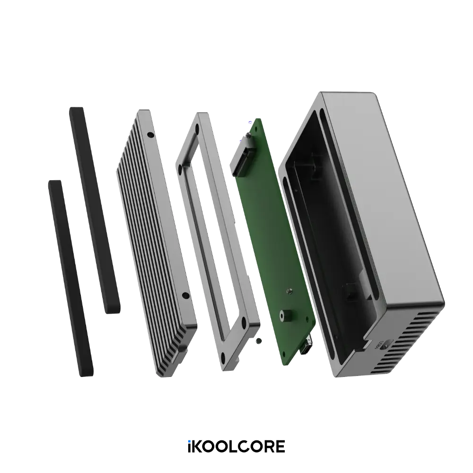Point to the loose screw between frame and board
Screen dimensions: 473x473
tap(257, 341)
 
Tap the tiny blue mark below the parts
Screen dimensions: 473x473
tap(189, 441)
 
